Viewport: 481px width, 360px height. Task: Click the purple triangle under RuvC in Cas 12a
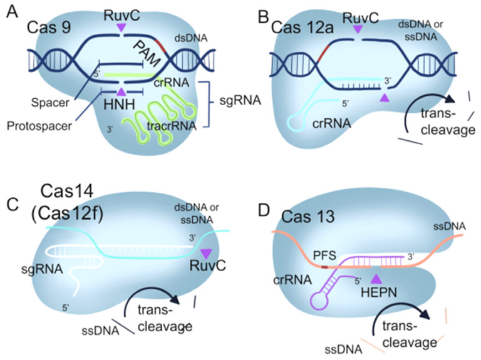[x=357, y=29]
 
